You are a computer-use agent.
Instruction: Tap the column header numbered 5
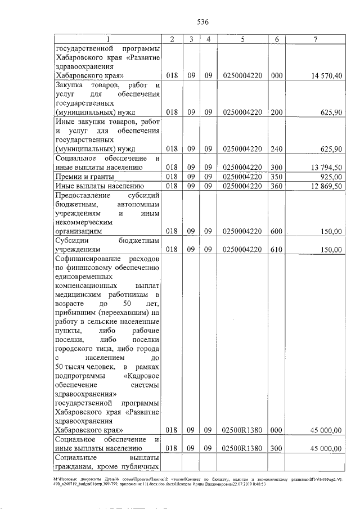point(242,39)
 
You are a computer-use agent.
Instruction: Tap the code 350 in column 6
point(276,177)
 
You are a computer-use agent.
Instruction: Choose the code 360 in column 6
point(276,186)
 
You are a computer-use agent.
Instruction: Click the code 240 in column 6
point(276,149)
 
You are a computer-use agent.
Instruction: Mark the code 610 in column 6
point(276,249)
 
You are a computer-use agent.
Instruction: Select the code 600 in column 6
point(276,231)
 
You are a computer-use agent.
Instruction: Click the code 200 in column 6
point(276,112)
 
